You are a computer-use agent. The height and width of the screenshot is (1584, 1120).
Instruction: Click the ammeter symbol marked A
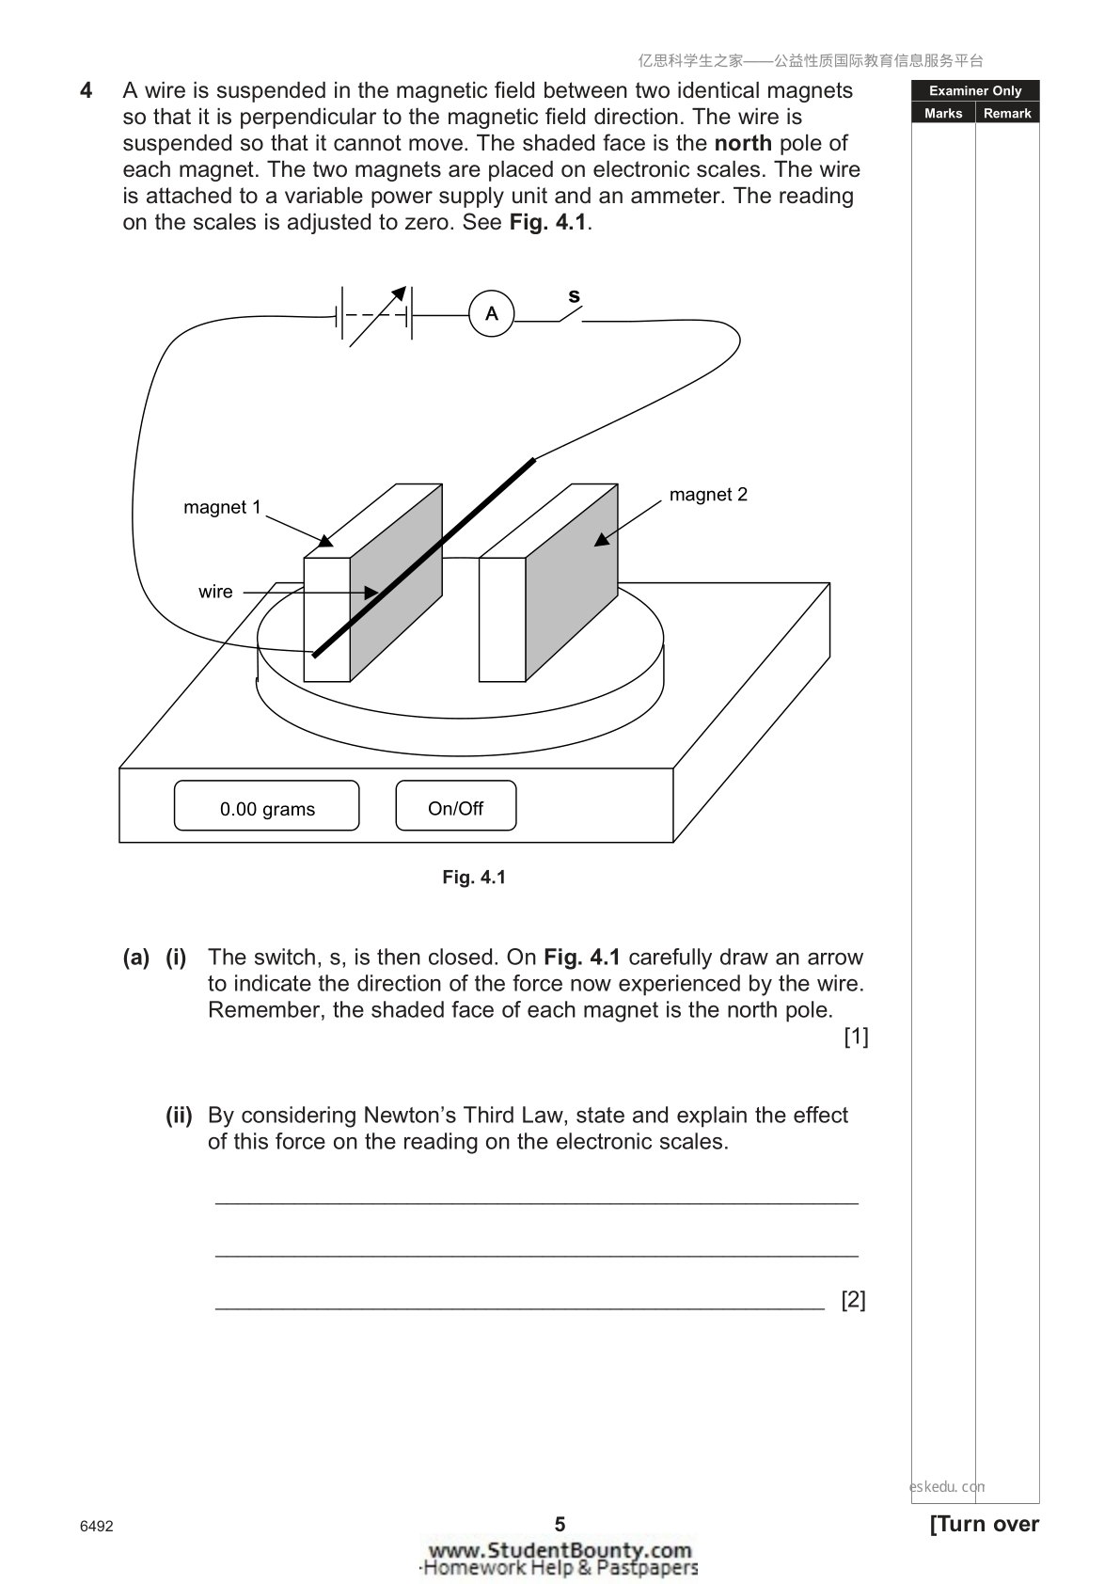coord(492,313)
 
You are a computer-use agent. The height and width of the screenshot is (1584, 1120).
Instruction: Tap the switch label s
coord(575,295)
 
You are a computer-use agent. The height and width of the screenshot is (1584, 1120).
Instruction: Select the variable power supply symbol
coord(374,315)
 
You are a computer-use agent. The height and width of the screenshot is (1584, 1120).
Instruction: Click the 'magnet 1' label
coord(222,507)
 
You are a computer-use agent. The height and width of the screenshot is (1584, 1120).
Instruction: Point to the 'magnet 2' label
coord(708,494)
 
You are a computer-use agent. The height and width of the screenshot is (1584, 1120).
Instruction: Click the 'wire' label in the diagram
coord(215,591)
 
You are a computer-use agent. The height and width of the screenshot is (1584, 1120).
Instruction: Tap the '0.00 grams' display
coord(266,805)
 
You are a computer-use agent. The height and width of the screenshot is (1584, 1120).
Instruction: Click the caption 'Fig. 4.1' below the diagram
coord(474,877)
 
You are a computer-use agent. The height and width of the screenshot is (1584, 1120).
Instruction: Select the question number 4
coord(87,90)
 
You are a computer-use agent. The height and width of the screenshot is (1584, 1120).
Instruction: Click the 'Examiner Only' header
coord(975,90)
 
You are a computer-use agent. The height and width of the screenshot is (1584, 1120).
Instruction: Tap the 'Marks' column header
coord(943,113)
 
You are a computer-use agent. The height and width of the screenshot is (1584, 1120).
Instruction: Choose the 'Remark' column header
coord(1007,113)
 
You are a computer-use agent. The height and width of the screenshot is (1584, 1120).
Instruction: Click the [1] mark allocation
coord(856,1036)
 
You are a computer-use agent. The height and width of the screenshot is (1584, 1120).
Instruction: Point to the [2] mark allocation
coord(854,1299)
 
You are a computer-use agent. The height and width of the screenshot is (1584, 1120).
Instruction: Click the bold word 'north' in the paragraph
coord(743,143)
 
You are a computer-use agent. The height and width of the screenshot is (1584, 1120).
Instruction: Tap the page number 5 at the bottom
coord(560,1524)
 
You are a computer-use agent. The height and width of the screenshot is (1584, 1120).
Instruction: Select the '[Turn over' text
coord(985,1524)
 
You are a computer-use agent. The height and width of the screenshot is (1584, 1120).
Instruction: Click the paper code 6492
coord(96,1526)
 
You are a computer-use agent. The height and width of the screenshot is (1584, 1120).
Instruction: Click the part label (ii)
coord(179,1116)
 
